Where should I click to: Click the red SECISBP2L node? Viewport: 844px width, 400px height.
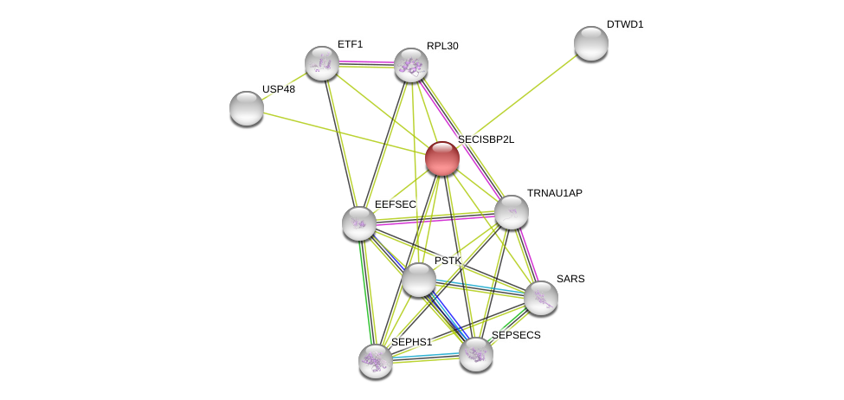coord(441,158)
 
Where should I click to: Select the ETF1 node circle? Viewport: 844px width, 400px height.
coord(322,63)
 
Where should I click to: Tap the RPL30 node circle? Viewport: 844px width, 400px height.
coord(411,65)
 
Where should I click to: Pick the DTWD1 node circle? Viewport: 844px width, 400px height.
coord(591,43)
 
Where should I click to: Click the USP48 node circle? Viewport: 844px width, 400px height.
coord(247,108)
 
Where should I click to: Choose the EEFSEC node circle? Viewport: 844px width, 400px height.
coord(359,223)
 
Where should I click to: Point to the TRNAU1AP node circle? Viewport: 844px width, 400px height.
coord(512,212)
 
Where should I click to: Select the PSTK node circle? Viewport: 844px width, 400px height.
coord(419,280)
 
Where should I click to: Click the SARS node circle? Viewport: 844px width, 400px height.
coord(541,298)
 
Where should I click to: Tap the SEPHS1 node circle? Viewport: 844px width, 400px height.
coord(376,361)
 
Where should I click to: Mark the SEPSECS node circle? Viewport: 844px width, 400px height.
coord(476,354)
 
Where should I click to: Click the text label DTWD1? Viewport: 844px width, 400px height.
coord(625,24)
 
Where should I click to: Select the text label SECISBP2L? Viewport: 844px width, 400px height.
coord(486,139)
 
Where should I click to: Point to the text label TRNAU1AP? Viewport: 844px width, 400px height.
coord(554,193)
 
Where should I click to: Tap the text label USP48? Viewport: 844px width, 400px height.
coord(279,89)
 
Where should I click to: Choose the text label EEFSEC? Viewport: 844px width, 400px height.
coord(395,204)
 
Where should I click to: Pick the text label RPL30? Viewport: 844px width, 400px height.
coord(442,46)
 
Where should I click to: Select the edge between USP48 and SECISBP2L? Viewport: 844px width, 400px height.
coord(345,133)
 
